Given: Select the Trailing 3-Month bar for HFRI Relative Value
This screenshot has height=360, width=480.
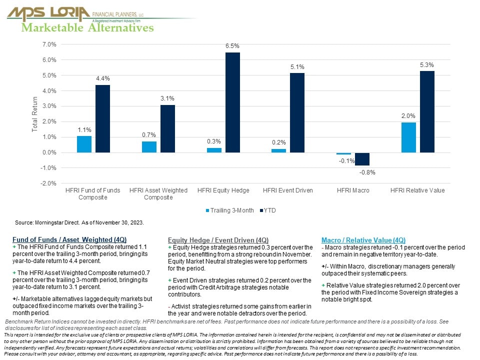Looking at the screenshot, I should (x=408, y=137).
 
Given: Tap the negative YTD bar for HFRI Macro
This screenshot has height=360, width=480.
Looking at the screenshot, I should (x=362, y=159).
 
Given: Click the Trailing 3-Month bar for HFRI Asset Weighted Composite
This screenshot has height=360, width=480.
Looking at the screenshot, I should (x=149, y=147).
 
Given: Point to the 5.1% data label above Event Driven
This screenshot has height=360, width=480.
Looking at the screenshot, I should (x=297, y=67).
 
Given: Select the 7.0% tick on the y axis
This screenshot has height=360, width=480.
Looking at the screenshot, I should (x=49, y=44).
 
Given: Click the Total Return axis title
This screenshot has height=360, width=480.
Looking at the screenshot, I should (x=34, y=114).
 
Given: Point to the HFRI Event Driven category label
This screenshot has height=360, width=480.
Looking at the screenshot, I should (x=288, y=190).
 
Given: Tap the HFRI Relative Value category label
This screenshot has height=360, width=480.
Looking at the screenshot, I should (x=417, y=190).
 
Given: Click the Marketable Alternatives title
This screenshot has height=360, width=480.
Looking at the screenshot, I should (x=87, y=28).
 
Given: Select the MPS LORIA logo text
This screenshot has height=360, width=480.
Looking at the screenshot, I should (x=48, y=12).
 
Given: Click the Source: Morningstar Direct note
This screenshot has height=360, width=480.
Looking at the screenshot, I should (x=79, y=221).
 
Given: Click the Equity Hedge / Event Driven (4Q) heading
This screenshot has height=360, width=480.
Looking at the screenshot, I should (x=218, y=240).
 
